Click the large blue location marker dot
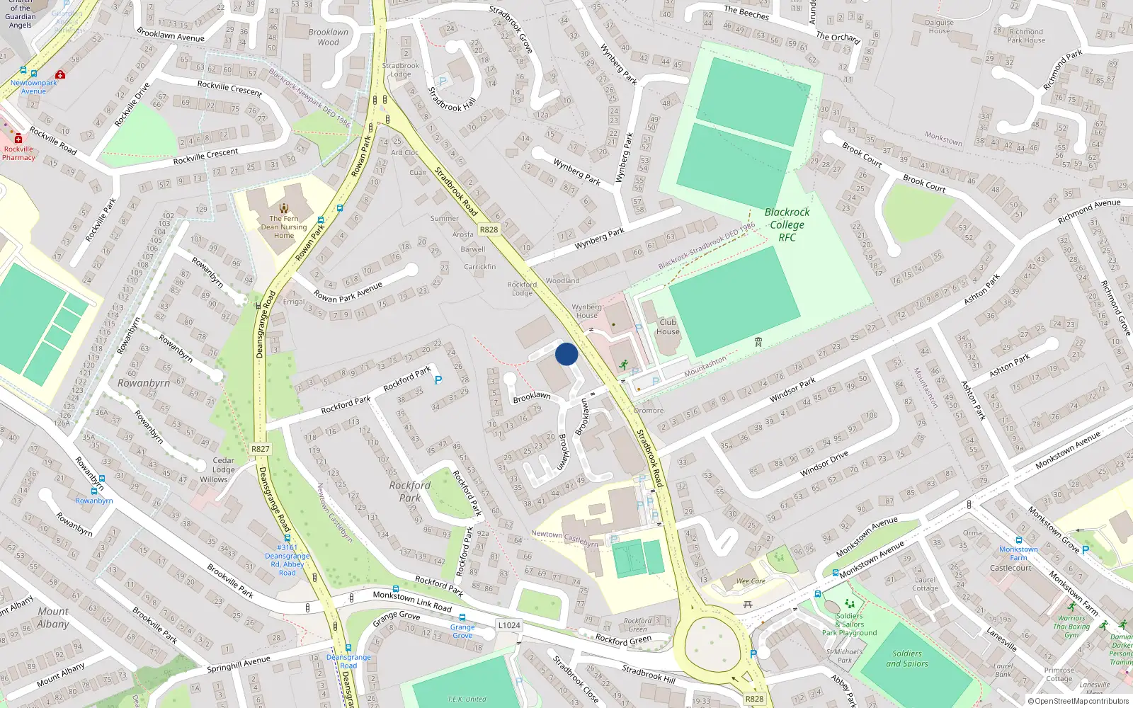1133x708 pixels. (566, 354)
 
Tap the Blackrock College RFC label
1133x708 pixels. (787, 224)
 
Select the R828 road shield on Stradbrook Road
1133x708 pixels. (489, 229)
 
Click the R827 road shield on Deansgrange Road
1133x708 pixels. (260, 449)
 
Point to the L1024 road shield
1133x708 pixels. (508, 625)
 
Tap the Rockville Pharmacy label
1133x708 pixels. (18, 153)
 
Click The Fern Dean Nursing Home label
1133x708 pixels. (284, 227)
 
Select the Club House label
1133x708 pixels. (668, 326)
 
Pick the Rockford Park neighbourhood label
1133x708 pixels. (409, 491)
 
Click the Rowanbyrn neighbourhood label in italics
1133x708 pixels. (144, 383)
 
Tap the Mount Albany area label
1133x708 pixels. (53, 617)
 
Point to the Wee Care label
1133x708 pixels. (751, 581)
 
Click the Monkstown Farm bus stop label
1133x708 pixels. (1018, 554)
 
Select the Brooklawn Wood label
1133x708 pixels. (328, 37)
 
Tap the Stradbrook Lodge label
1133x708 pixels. (401, 69)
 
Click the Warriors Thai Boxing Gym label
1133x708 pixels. (1071, 627)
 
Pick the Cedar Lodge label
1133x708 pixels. (223, 464)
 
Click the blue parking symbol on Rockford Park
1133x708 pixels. (438, 381)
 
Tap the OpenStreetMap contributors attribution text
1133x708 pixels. (1078, 702)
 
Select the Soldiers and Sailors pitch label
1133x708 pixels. (907, 658)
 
